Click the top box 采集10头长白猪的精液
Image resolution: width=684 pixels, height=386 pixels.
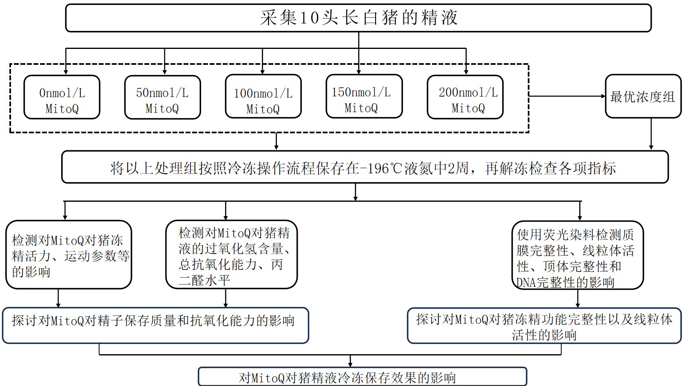pos(358,18)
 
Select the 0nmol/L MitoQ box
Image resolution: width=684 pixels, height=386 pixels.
pos(62,97)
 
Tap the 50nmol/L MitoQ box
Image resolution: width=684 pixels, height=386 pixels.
pos(162,97)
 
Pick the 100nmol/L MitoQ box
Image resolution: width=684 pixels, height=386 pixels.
pos(263,97)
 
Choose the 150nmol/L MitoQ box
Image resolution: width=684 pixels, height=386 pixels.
pos(364,97)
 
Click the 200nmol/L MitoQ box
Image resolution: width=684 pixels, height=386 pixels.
pos(465,97)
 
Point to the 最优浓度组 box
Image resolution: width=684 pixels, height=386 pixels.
pos(643,97)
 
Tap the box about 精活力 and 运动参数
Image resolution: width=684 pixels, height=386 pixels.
pos(69,255)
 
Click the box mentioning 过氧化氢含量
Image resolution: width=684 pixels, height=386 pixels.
pos(231,255)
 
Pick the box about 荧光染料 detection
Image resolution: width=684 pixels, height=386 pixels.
pos(577,256)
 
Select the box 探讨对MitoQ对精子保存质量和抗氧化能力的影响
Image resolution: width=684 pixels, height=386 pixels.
pos(155,325)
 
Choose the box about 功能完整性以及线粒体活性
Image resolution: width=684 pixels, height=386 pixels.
pos(544,326)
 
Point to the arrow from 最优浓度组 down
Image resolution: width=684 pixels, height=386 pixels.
pos(651,135)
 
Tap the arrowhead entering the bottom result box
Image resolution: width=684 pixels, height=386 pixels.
pos(350,364)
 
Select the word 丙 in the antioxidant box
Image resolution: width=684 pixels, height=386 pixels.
pos(277,265)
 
